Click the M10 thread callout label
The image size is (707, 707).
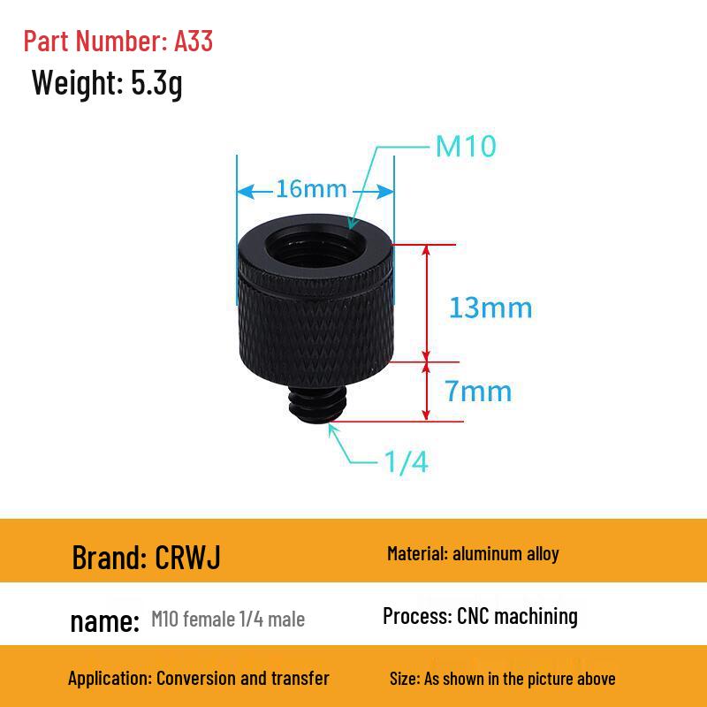coord(466,146)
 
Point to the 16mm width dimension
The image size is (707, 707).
coord(311,189)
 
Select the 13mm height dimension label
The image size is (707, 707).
coord(490,308)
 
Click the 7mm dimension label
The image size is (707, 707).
coord(478,390)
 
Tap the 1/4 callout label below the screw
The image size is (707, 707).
coord(407,461)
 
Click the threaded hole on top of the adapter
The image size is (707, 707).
coord(314,239)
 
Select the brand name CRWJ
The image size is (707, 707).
coord(188,557)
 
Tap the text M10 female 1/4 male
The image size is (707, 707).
coord(228,620)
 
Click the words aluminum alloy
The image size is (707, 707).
coord(506,554)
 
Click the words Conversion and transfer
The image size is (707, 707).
coord(243,679)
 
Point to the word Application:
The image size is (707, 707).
coord(110,679)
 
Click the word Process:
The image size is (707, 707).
coord(417,616)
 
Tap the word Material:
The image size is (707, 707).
coord(417,554)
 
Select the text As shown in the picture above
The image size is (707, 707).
coord(520,679)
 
